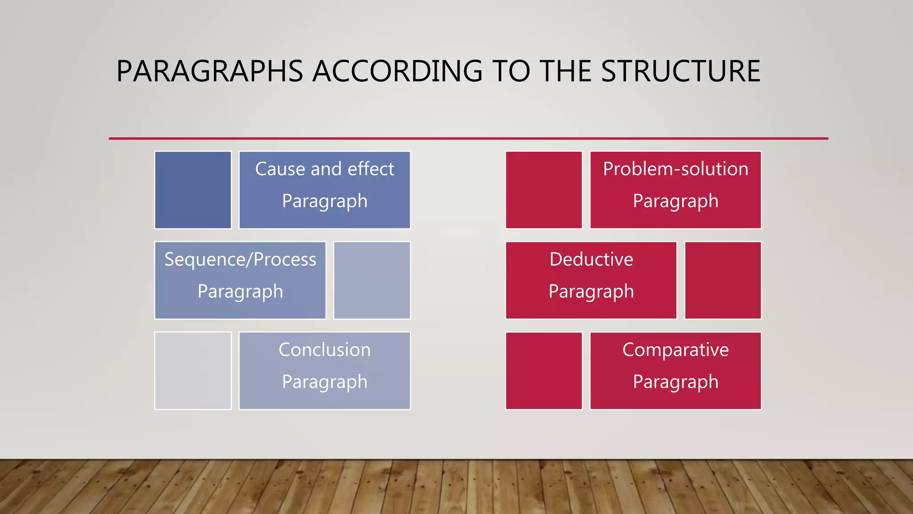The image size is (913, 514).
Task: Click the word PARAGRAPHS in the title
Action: (x=210, y=71)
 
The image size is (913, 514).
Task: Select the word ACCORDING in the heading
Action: (x=397, y=71)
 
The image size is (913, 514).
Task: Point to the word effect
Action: (x=371, y=169)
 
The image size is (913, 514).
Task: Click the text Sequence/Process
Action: (x=240, y=260)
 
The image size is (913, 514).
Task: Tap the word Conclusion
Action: (x=325, y=350)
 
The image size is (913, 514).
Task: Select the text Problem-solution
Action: (x=675, y=169)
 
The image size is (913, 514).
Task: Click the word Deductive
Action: (x=591, y=260)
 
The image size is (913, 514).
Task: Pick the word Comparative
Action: (x=675, y=350)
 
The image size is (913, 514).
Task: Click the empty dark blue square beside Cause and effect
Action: (x=193, y=190)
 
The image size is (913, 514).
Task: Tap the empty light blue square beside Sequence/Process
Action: (x=372, y=280)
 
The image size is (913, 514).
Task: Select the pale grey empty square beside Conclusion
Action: (x=193, y=370)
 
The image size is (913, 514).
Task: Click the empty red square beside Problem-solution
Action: (x=544, y=190)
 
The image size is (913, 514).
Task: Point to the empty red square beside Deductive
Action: (x=723, y=280)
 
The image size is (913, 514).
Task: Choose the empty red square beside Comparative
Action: (x=544, y=370)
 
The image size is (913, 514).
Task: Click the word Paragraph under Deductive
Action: (x=591, y=292)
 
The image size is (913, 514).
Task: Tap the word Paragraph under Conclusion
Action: (x=325, y=382)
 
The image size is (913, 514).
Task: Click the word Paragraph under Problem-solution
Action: (x=675, y=201)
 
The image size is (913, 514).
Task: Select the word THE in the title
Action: (x=565, y=71)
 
